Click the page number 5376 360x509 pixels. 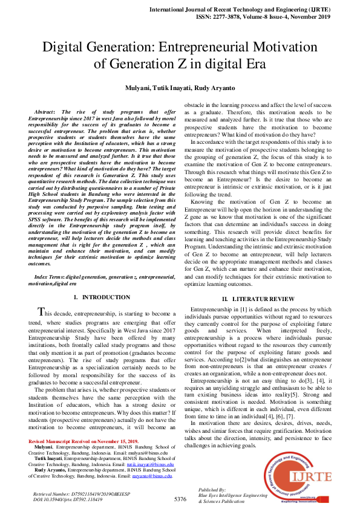(x=180, y=499)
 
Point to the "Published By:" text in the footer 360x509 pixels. (x=212, y=490)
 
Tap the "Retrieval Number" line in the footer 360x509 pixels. (x=67, y=494)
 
